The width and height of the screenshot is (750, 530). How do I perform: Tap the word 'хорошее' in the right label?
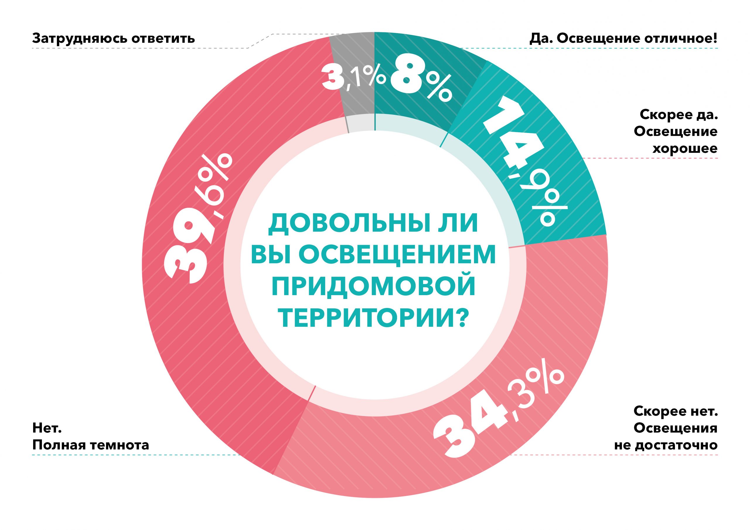685,148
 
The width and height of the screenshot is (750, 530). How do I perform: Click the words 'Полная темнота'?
91,445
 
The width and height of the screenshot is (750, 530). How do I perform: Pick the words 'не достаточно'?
666,445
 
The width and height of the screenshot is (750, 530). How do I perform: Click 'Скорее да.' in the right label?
679,114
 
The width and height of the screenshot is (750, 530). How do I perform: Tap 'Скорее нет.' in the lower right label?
676,411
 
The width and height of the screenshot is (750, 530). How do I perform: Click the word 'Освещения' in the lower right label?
676,428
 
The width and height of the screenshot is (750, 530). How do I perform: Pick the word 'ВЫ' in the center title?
266,255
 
